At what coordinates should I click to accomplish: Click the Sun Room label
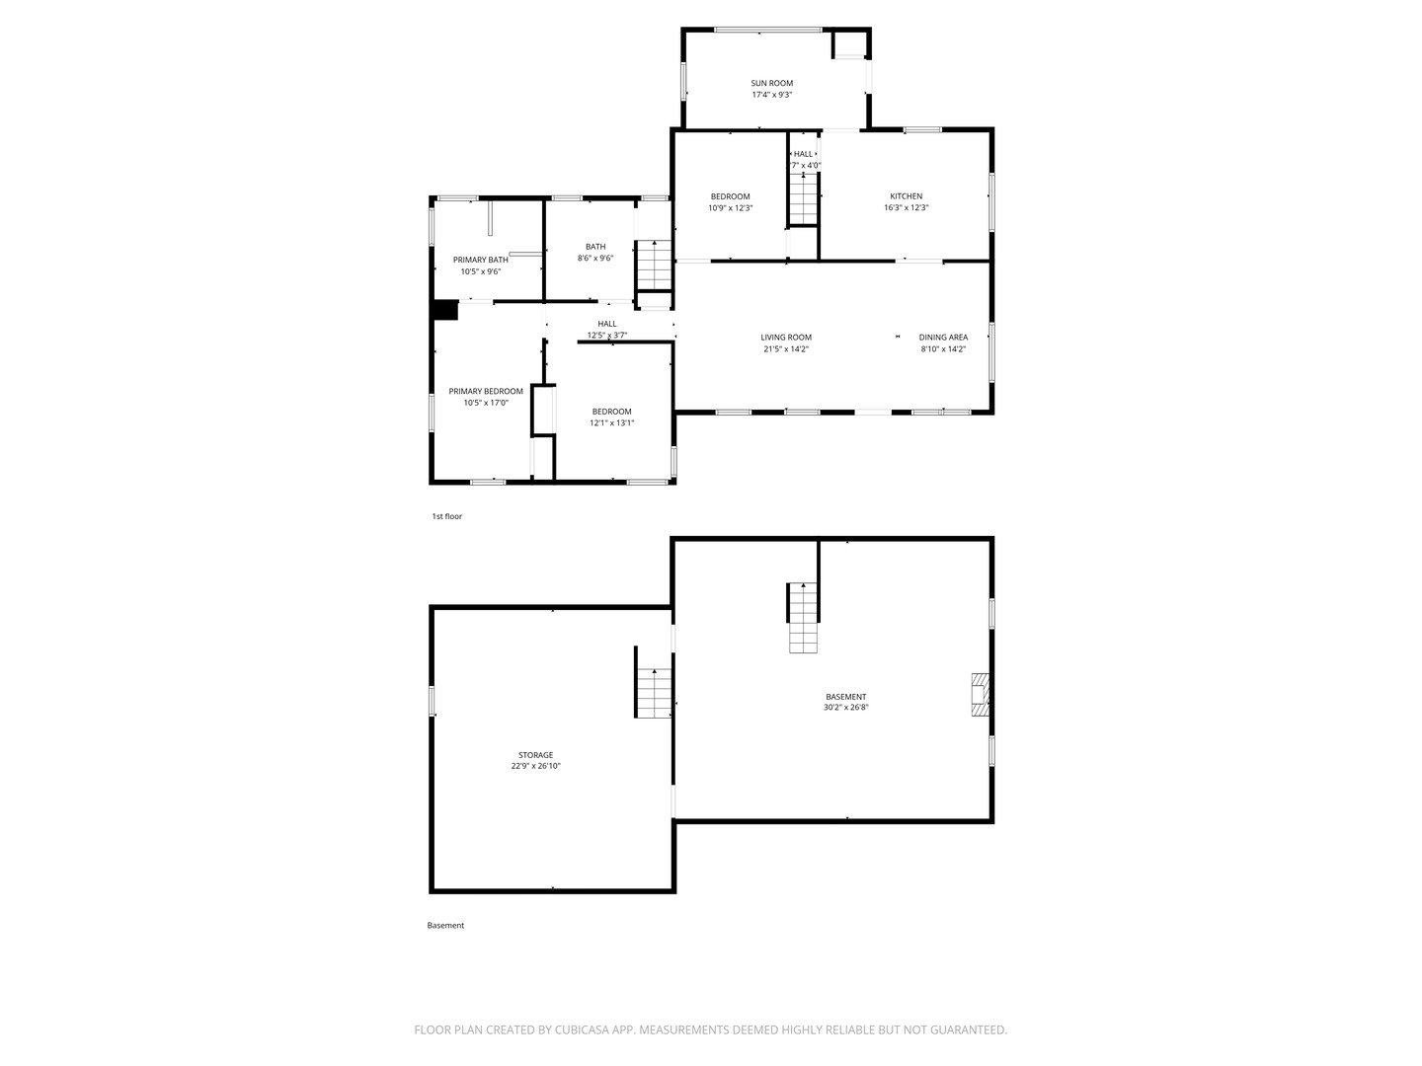coord(771,84)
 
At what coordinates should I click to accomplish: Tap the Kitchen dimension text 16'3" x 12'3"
coord(906,208)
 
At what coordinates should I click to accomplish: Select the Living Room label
coord(786,338)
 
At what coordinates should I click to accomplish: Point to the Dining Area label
coord(943,338)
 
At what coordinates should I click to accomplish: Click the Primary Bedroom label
coord(486,391)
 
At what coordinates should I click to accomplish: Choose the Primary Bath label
coord(481,260)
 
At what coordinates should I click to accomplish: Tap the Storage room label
coord(535,755)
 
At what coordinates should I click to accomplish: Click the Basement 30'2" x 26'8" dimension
coord(845,707)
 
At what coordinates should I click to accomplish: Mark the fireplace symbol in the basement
coord(980,695)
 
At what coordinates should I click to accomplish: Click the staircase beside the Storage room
coord(654,692)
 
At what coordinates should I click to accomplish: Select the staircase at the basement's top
coord(804,618)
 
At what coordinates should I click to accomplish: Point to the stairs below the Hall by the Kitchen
coord(804,198)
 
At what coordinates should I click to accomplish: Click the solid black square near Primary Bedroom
coord(445,310)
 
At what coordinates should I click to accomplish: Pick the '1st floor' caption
coord(446,516)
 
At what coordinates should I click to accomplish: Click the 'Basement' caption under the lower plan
coord(445,926)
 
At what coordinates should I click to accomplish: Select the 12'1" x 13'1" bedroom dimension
coord(611,422)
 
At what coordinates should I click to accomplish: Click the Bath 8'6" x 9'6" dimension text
coord(595,259)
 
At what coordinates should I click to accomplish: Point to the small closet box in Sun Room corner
coord(848,44)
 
